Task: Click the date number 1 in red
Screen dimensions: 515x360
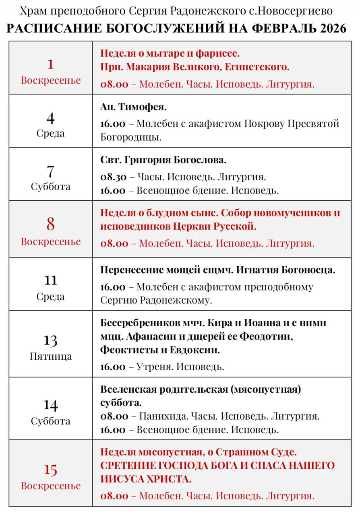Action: point(50,64)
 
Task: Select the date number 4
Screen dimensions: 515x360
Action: point(50,118)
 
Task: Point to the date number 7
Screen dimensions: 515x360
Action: point(50,171)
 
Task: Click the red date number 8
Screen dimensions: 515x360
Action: point(50,224)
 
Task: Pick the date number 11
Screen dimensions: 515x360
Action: point(50,280)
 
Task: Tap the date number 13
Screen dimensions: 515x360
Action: point(50,340)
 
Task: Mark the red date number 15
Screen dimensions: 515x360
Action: point(50,470)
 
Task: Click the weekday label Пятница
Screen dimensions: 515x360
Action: point(51,356)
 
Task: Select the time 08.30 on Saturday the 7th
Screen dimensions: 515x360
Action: point(114,177)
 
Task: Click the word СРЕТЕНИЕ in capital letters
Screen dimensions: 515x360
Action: point(127,466)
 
